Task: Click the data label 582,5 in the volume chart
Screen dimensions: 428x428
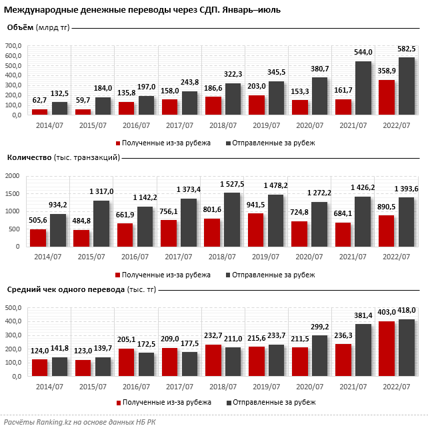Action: coord(407,49)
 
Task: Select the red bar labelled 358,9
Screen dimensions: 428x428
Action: coord(387,97)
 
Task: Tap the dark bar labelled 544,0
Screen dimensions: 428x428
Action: coord(363,88)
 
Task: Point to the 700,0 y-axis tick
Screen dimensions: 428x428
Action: coord(13,46)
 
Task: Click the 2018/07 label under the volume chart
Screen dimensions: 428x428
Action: coord(223,125)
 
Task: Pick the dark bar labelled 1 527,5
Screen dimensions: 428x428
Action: coord(232,220)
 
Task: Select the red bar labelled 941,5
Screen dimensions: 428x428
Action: coord(255,230)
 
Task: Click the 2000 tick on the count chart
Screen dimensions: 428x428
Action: coord(13,176)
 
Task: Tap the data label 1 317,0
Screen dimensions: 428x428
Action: coord(101,191)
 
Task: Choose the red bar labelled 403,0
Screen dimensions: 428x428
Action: coord(387,349)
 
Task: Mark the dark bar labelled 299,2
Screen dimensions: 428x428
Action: coord(319,356)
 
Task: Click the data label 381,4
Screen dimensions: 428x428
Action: coord(363,315)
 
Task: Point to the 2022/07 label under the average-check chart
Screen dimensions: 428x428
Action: coord(397,387)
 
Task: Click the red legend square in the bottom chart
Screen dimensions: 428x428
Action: coord(119,403)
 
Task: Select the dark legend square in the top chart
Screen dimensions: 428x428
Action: coord(228,143)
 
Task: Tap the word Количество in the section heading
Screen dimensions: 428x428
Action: coord(29,157)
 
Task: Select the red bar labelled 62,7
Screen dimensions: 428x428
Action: coord(39,112)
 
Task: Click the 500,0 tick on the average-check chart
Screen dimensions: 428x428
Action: coord(13,308)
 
